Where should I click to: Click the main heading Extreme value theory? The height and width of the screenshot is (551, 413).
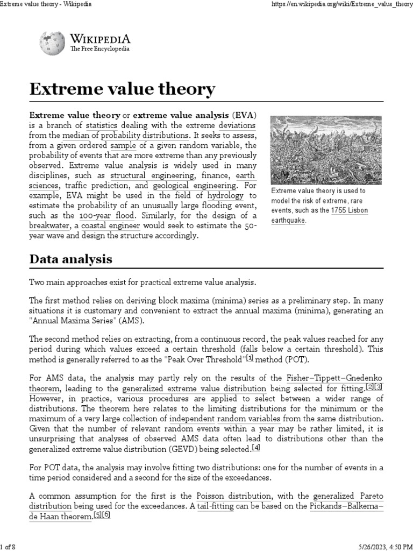click(x=122, y=89)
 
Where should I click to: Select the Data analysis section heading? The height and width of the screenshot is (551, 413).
click(x=70, y=259)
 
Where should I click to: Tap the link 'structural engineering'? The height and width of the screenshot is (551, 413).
click(x=152, y=176)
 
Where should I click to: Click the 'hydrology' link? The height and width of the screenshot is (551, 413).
click(x=225, y=195)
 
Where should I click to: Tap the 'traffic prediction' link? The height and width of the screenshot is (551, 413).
click(x=96, y=186)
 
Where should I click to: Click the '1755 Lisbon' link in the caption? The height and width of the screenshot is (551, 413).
click(x=349, y=210)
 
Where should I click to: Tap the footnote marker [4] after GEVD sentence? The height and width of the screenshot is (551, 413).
click(x=256, y=448)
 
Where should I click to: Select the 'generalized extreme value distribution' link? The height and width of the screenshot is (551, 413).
click(x=194, y=388)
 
